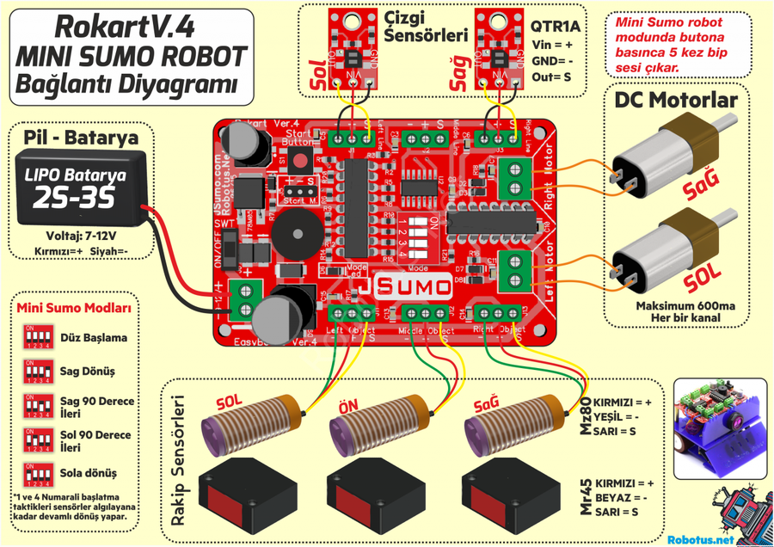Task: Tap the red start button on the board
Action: [299, 160]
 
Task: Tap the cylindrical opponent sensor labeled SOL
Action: [249, 428]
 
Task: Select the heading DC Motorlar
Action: [676, 100]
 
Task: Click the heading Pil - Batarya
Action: [82, 136]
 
